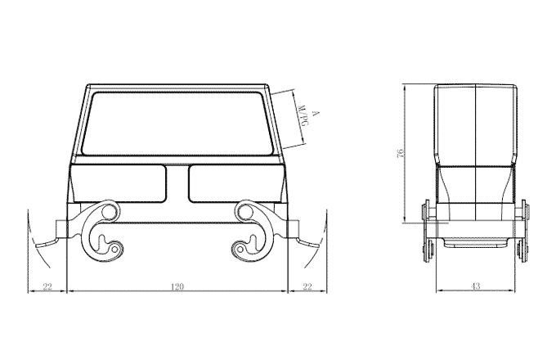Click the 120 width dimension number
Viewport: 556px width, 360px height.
point(177,286)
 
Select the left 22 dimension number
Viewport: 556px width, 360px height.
point(47,286)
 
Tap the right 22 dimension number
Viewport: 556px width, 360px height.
point(307,286)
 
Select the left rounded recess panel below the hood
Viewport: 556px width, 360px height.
point(120,184)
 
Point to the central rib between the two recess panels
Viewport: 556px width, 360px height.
point(177,184)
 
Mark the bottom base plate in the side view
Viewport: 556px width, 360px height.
point(476,243)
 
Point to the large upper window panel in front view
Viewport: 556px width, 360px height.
point(177,123)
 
